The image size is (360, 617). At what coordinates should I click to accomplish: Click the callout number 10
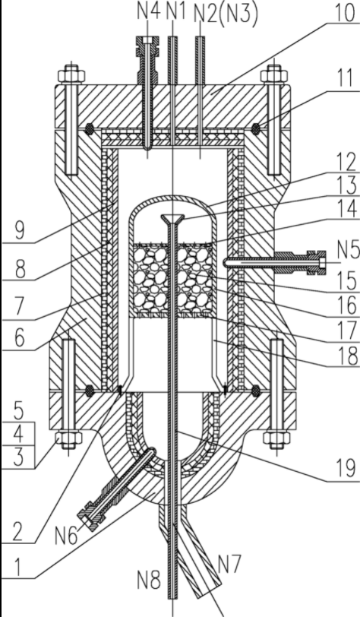coord(344,12)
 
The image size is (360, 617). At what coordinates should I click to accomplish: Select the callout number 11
coord(346,78)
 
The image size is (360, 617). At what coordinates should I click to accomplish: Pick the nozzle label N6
coord(68,535)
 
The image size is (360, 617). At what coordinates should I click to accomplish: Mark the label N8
coord(149,579)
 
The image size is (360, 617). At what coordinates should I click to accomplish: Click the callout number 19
coord(346,468)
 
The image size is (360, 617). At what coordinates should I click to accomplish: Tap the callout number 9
coord(20,231)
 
